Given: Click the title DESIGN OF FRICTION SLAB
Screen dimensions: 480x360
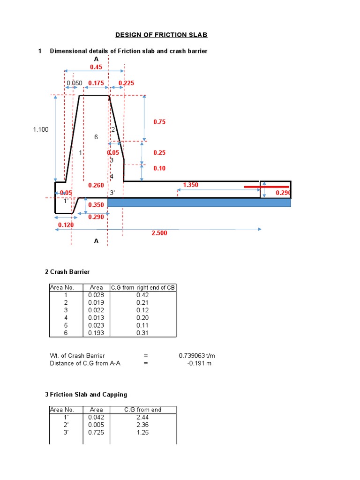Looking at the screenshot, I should click(161, 35).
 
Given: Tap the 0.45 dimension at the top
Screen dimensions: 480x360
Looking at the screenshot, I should click(96, 67).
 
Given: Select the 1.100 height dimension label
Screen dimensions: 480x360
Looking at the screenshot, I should click(41, 129).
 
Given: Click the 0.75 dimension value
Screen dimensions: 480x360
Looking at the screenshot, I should click(159, 122).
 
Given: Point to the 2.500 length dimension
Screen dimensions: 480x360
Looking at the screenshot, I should click(159, 232).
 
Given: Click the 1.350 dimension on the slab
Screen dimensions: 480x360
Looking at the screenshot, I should click(191, 185).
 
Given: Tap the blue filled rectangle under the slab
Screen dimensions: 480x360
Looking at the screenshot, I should click(199, 202).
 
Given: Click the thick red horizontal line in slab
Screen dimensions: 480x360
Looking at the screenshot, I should click(266, 187).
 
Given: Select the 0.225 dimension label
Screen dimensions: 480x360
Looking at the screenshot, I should click(126, 83).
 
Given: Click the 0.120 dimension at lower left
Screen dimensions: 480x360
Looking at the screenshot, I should click(66, 225).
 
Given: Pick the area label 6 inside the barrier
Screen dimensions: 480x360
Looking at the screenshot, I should click(96, 137).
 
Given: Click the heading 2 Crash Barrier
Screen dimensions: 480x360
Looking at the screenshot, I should click(67, 272).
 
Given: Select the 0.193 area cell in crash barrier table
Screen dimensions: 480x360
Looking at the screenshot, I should click(96, 333).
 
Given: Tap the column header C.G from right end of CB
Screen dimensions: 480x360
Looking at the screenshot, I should click(143, 287).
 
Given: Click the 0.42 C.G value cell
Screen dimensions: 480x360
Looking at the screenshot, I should click(142, 295).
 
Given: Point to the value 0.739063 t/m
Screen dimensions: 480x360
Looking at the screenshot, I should click(196, 356).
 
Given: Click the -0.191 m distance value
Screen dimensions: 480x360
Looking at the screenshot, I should click(199, 363).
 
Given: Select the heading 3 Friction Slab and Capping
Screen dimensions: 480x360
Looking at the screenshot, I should click(86, 395).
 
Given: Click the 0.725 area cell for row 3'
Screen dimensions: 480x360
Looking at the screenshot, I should click(96, 432).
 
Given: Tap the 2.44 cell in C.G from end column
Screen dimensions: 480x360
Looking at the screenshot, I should click(142, 417).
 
